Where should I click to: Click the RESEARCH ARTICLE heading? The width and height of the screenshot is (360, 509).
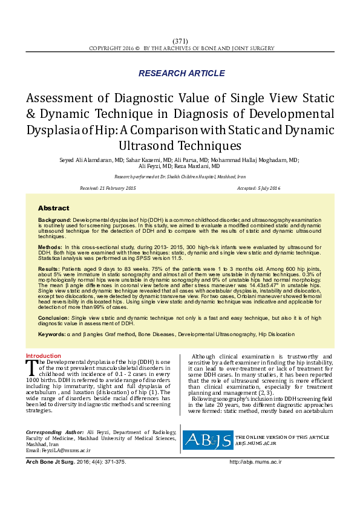182,73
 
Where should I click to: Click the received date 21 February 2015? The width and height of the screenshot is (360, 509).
117,189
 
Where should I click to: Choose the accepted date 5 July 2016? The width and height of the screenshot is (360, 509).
267,189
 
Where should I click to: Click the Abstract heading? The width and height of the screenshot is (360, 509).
53,208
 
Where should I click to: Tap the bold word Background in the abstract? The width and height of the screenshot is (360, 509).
54,220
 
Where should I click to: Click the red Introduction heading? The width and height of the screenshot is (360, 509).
43,356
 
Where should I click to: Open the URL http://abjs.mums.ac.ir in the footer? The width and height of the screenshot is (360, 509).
256,462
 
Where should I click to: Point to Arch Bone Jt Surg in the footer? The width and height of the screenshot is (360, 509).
50,462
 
